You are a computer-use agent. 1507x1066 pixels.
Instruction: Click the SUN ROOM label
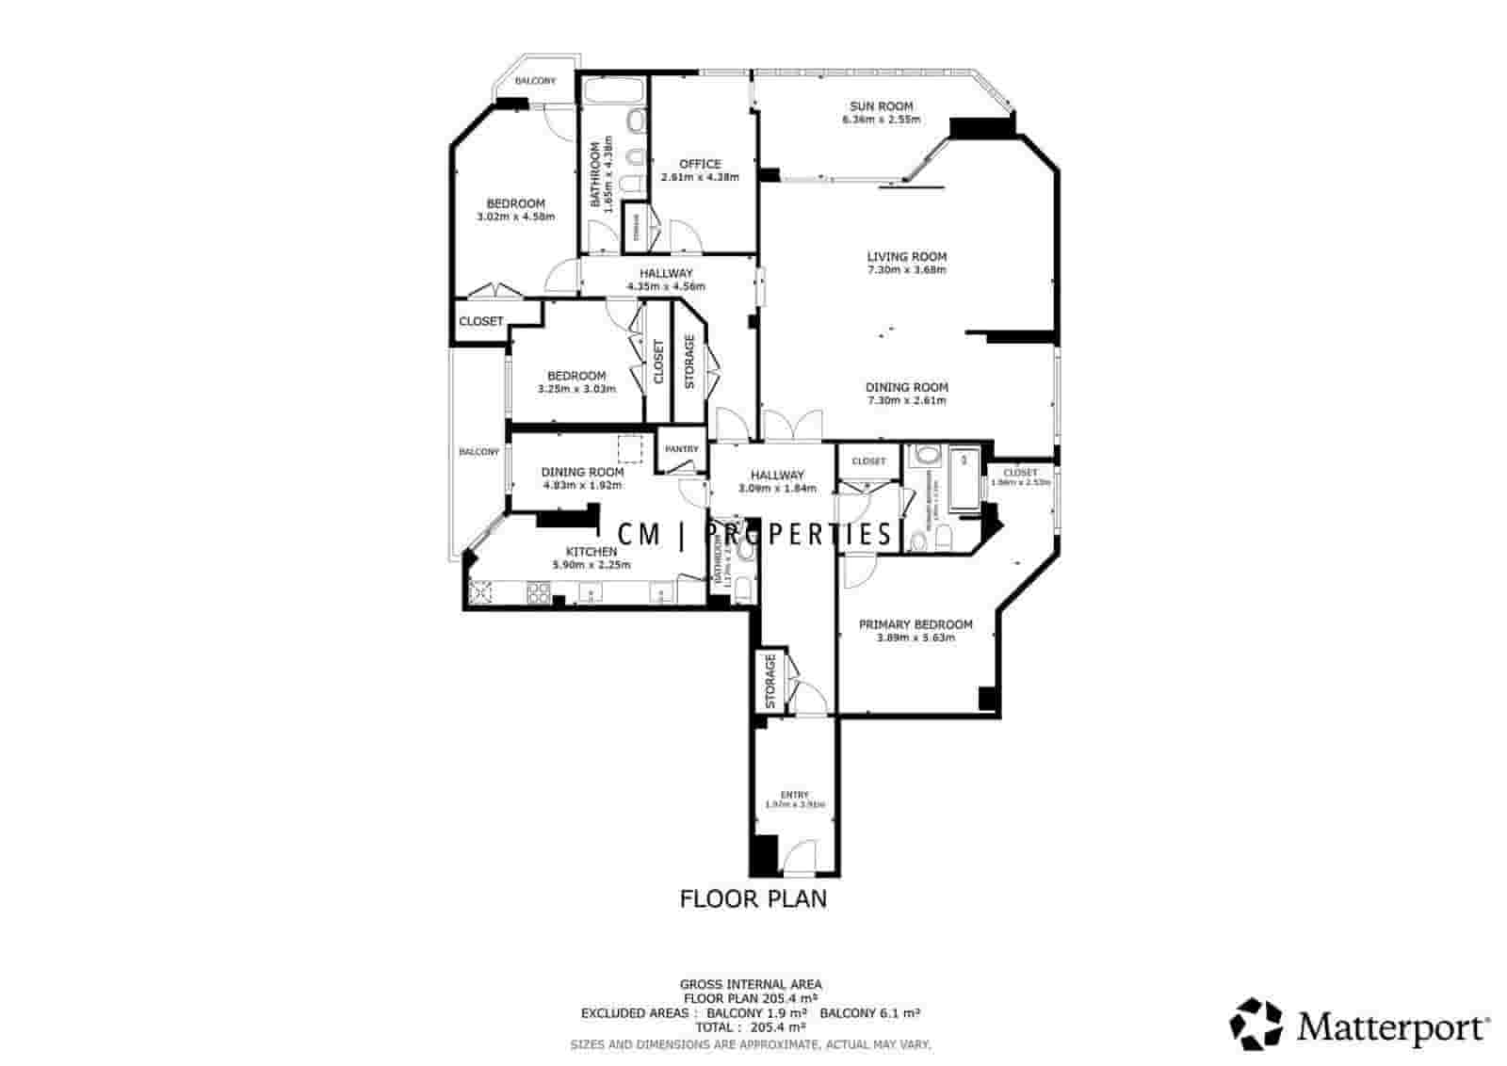pyautogui.click(x=881, y=106)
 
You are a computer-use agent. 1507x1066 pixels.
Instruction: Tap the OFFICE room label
pyautogui.click(x=700, y=164)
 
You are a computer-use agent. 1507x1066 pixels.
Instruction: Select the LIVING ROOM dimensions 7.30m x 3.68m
pyautogui.click(x=907, y=270)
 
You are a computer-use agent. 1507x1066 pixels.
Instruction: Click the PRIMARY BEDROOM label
pyautogui.click(x=916, y=624)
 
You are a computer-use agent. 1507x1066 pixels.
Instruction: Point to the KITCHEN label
pyautogui.click(x=591, y=552)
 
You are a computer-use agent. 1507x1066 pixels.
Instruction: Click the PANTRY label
pyautogui.click(x=682, y=449)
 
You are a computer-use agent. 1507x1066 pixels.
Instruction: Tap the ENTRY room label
pyautogui.click(x=794, y=795)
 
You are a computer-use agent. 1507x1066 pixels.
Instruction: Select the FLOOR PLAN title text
pyautogui.click(x=753, y=898)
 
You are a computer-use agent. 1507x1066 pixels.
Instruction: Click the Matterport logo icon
pyautogui.click(x=1256, y=1024)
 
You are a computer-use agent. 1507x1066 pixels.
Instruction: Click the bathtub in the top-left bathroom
pyautogui.click(x=612, y=91)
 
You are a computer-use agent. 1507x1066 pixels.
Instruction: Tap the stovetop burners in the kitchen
pyautogui.click(x=538, y=592)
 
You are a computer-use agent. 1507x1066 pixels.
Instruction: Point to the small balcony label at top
pyautogui.click(x=535, y=81)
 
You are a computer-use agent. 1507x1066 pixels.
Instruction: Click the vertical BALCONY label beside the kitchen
pyautogui.click(x=479, y=452)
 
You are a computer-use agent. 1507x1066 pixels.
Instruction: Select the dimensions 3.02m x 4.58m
pyautogui.click(x=515, y=217)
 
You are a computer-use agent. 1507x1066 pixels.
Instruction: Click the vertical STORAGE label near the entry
pyautogui.click(x=770, y=683)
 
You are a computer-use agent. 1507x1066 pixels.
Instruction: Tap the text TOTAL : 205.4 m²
pyautogui.click(x=751, y=1027)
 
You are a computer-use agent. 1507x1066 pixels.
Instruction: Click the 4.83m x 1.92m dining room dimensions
pyautogui.click(x=582, y=486)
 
